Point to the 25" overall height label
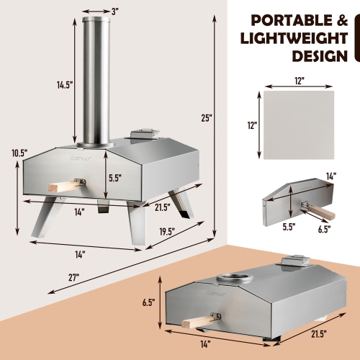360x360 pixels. tap(207, 118)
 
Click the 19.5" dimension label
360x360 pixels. tap(169, 233)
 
